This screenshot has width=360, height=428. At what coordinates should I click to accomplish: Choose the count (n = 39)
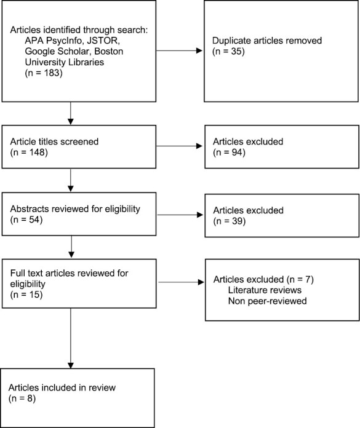coord(226,221)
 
